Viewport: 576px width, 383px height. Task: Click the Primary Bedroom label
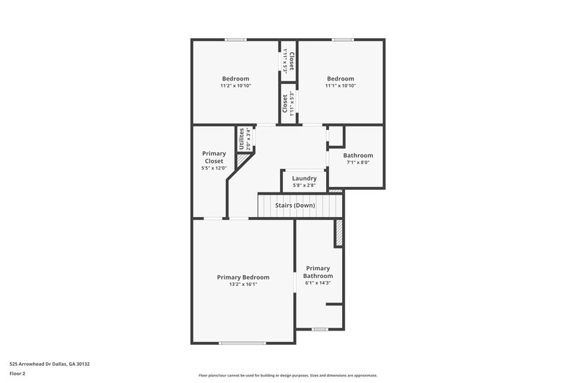coord(243,277)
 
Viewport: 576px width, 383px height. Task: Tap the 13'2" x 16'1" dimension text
coord(243,285)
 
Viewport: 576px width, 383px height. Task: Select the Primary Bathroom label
coord(318,272)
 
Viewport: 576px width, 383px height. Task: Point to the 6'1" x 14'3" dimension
coord(318,283)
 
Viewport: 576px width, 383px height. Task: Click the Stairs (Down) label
coord(295,206)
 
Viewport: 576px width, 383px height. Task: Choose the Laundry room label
coord(305,178)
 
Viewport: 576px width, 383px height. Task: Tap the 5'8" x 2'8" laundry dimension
coord(305,185)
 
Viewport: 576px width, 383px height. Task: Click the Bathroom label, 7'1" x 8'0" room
coord(358,155)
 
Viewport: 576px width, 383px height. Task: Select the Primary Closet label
coord(214,157)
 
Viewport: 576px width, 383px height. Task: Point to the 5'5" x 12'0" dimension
coord(214,168)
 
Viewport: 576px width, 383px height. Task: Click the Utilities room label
coord(241,138)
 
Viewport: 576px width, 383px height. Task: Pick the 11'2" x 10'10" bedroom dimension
coord(235,86)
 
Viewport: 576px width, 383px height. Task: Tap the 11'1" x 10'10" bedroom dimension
coord(341,86)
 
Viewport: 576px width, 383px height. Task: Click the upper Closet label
coord(292,60)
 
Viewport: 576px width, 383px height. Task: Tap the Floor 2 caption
coord(18,374)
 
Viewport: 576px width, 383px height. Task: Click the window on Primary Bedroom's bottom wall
coord(243,343)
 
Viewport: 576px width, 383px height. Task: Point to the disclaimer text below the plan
coord(288,375)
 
